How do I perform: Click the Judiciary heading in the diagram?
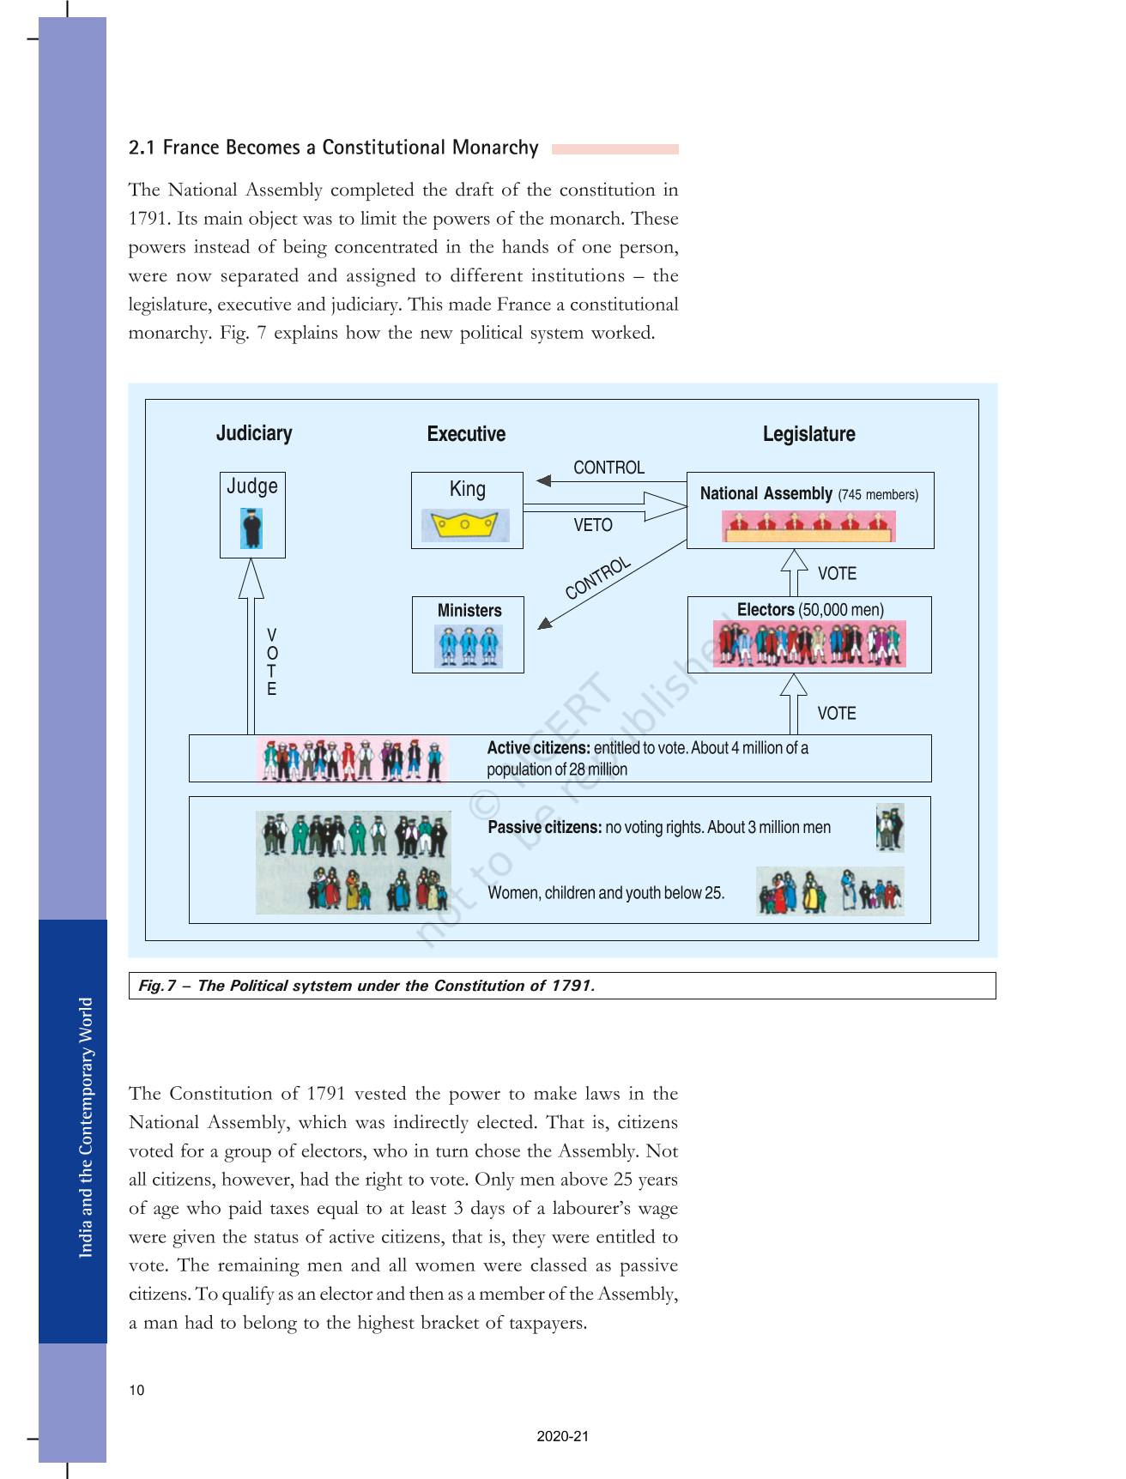click(x=254, y=433)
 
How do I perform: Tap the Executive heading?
click(x=466, y=434)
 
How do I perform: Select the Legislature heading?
click(x=808, y=434)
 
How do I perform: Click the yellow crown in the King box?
click(x=464, y=524)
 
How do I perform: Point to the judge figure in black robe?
click(x=252, y=528)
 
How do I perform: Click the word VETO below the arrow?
click(x=593, y=525)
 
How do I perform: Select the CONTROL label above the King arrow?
click(x=608, y=468)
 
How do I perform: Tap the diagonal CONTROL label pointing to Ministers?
click(x=598, y=578)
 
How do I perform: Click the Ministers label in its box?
click(x=469, y=610)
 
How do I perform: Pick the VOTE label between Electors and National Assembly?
click(x=837, y=573)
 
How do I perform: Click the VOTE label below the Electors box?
click(x=837, y=713)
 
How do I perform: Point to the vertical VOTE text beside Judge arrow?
click(x=272, y=661)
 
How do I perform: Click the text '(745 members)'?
click(x=878, y=494)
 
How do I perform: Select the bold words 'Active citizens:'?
click(x=538, y=748)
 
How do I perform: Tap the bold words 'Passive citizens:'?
click(x=544, y=827)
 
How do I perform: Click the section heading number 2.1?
click(x=142, y=148)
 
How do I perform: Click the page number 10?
click(x=137, y=1390)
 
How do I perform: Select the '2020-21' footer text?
click(x=563, y=1436)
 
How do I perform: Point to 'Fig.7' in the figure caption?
click(x=157, y=986)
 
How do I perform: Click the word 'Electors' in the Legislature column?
click(x=766, y=610)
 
